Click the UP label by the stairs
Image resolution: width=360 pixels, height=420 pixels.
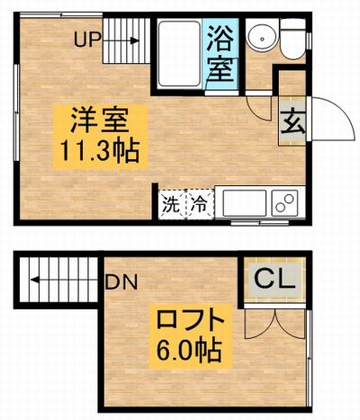coord(86,40)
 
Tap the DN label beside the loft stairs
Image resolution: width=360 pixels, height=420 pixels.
coord(121,281)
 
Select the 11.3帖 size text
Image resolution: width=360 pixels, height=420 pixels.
coord(100,151)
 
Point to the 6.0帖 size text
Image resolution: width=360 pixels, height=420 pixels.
coord(190,349)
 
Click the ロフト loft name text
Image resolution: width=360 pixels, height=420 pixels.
coord(191,320)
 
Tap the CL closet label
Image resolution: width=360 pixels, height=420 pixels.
coord(274,280)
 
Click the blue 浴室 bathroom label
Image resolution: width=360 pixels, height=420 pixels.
coord(220,54)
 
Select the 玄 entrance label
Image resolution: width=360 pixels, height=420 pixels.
coord(292,122)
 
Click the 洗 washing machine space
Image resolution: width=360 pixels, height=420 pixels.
coord(171,205)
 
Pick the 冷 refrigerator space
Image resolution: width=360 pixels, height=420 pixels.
coord(201,205)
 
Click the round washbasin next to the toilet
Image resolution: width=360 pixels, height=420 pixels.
coord(262,38)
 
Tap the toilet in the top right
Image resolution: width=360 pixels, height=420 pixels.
coord(293,39)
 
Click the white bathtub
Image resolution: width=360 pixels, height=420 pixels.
coord(179,54)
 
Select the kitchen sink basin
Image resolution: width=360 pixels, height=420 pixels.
coord(245,203)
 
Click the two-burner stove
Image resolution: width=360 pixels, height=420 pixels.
coord(285,203)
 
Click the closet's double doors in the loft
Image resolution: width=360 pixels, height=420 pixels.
coord(274,324)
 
